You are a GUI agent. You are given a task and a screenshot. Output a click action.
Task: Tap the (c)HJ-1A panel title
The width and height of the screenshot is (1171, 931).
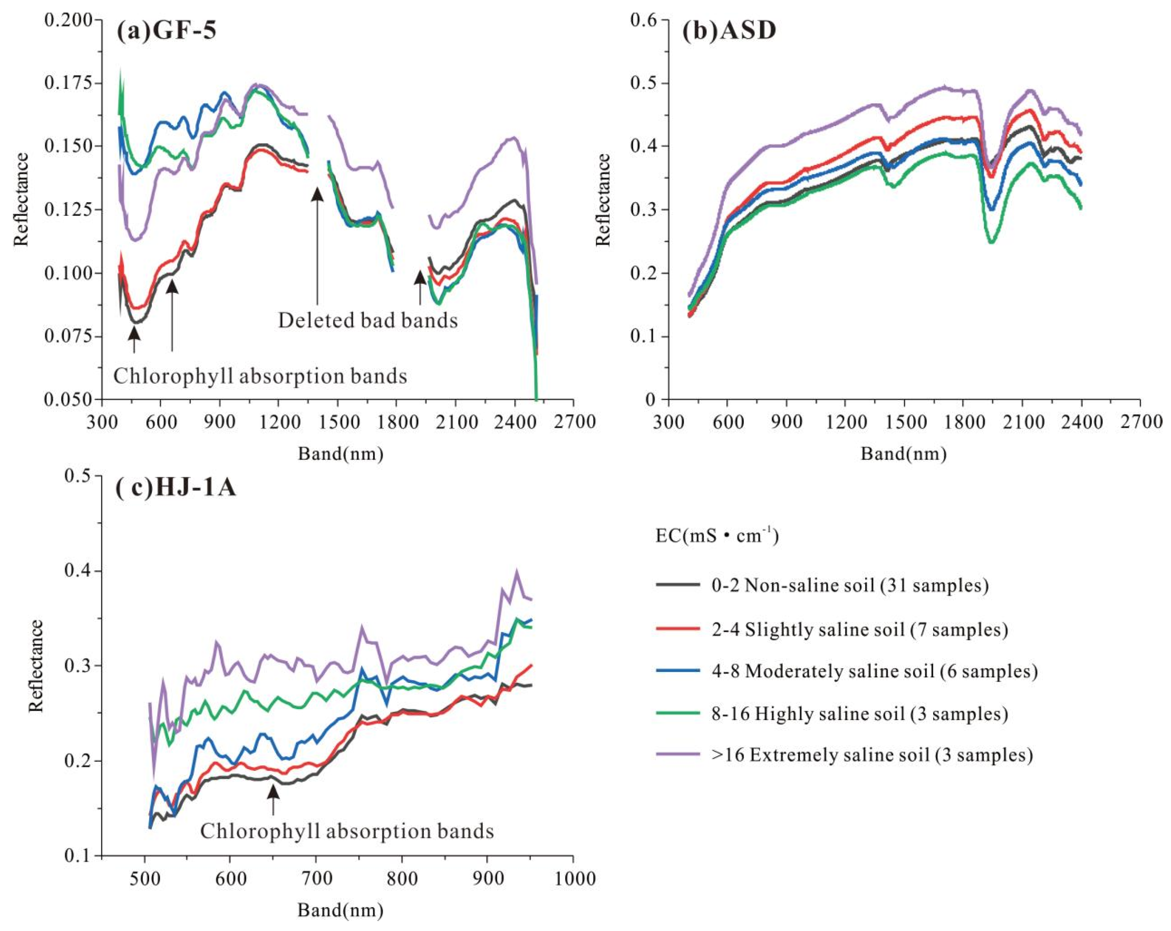[x=175, y=488]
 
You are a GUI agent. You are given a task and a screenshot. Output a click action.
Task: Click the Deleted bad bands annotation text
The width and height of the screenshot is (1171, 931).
[x=368, y=321]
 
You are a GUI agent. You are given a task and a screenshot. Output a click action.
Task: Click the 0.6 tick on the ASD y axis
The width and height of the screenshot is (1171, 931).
[x=643, y=20]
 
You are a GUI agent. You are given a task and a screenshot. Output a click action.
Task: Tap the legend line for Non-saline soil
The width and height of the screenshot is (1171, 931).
[x=677, y=585]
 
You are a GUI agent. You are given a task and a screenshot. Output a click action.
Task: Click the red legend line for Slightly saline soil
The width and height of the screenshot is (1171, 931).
[x=677, y=628]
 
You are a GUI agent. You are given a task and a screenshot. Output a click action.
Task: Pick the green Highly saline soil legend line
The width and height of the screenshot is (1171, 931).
[x=677, y=713]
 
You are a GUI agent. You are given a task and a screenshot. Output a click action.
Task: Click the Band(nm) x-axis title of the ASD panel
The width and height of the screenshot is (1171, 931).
[x=903, y=454]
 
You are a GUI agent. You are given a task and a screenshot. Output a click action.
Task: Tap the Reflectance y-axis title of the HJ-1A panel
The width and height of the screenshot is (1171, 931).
[x=36, y=665]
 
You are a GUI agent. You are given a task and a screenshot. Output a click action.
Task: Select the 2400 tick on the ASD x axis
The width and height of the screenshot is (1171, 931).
[x=1081, y=422]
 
